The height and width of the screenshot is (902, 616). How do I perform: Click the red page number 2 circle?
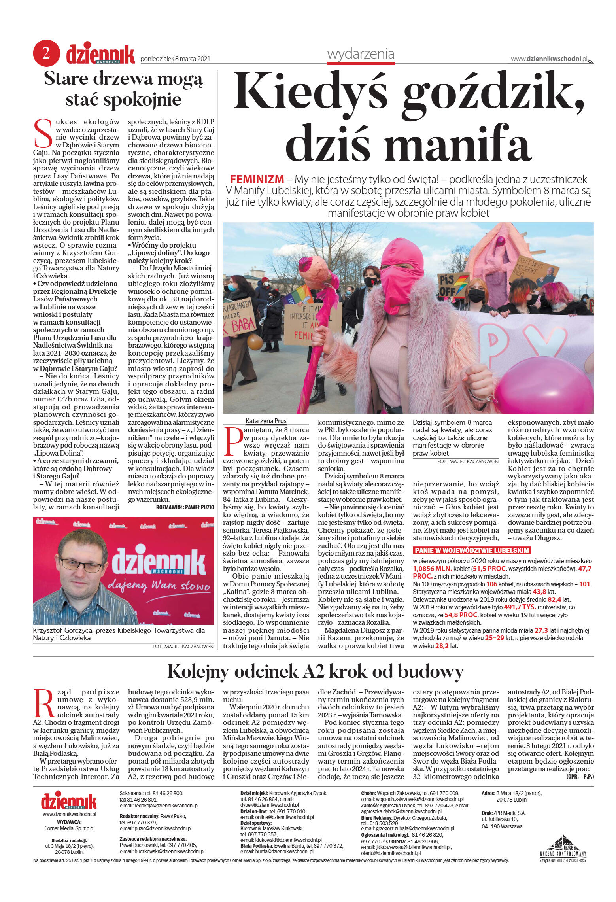pos(46,53)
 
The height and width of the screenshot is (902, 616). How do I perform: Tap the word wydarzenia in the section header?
pos(361,54)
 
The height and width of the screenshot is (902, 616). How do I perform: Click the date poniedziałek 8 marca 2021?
pos(175,59)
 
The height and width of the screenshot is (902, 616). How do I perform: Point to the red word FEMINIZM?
pos(257,179)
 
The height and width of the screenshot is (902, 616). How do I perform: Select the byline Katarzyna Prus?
pos(266,421)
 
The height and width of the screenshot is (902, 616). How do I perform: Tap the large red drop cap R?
pos(43,703)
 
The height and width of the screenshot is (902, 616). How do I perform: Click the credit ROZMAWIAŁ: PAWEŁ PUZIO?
pos(185,507)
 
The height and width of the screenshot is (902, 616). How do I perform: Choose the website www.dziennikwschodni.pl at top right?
pos(549,59)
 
